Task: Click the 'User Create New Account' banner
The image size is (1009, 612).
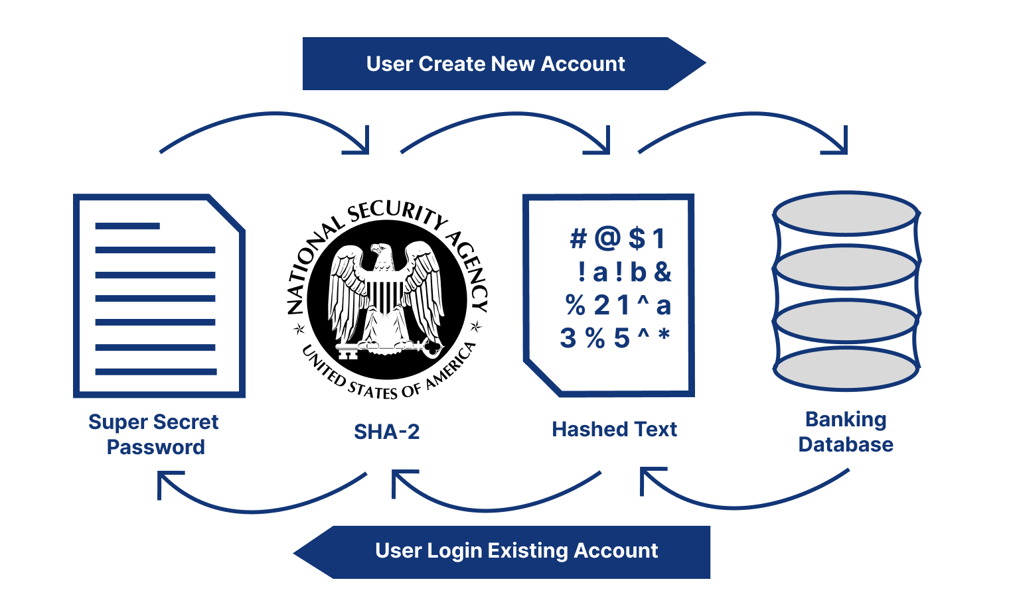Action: [x=495, y=64]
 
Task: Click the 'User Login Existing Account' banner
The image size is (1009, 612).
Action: [x=516, y=551]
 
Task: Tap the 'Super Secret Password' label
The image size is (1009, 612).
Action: [x=154, y=434]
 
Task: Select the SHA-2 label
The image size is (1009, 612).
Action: [x=386, y=432]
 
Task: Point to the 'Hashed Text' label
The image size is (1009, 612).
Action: [x=614, y=430]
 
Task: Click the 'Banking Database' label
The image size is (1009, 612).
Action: [x=846, y=432]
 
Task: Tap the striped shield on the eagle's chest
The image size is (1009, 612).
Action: [x=384, y=295]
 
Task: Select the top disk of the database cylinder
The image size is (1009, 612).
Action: [x=846, y=213]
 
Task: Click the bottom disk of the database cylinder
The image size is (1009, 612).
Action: [x=846, y=369]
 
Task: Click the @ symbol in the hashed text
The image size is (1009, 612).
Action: [x=607, y=238]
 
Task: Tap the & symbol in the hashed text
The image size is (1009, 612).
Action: [x=662, y=272]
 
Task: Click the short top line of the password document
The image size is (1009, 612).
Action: [x=127, y=226]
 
